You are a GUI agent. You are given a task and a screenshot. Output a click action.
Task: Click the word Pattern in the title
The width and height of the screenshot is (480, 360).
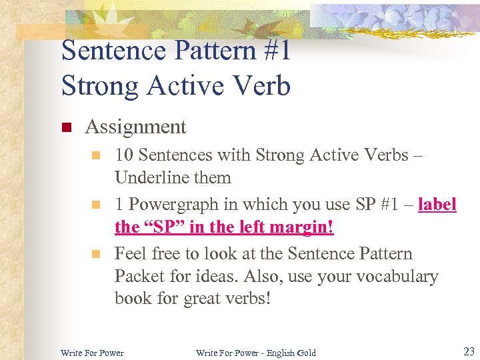click(x=207, y=51)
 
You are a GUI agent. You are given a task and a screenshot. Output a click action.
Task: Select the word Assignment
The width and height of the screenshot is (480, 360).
click(x=136, y=127)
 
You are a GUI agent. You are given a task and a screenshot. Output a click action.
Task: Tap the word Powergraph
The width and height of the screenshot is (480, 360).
click(x=173, y=205)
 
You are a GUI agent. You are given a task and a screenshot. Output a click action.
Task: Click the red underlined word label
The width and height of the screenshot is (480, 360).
click(x=437, y=205)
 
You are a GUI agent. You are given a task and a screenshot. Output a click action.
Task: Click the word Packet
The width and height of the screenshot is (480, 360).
click(x=139, y=277)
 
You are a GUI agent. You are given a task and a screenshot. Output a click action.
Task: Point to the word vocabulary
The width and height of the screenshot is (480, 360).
click(x=396, y=277)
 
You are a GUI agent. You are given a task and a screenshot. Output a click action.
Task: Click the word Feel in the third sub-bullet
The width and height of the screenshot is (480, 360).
click(x=130, y=254)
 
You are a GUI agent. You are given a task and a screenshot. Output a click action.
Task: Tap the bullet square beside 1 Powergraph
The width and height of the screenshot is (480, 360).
click(x=97, y=205)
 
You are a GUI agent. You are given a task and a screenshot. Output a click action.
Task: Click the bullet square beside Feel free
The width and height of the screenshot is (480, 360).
click(x=97, y=254)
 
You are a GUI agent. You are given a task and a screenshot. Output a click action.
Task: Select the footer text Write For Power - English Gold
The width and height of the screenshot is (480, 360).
click(x=256, y=353)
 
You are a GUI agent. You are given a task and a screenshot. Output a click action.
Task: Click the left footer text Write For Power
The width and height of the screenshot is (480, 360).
click(x=92, y=353)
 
